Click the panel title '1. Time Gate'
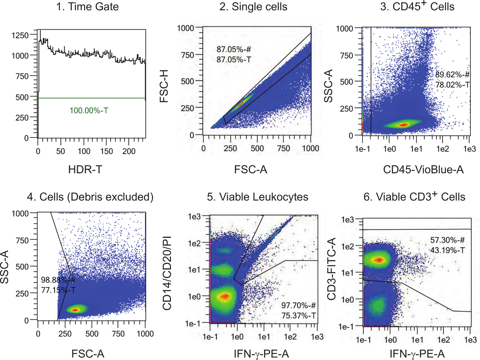tap(87, 7)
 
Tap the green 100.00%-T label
tap(89, 111)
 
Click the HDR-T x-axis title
tap(85, 169)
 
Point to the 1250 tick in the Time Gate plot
tap(20, 36)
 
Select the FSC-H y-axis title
tap(164, 86)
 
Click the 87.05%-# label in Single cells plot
tap(234, 49)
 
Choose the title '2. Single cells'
tap(253, 7)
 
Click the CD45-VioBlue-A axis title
tap(423, 169)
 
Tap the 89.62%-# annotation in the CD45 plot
tap(452, 75)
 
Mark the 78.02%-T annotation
tap(452, 85)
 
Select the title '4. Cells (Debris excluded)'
tap(90, 197)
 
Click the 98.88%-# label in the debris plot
tap(58, 280)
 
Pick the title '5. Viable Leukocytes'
tap(258, 197)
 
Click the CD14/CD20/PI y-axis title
tap(167, 273)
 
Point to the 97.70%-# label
tap(299, 306)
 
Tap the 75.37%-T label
tap(299, 316)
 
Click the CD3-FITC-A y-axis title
tap(332, 269)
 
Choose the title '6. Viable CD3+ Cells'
tap(414, 197)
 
